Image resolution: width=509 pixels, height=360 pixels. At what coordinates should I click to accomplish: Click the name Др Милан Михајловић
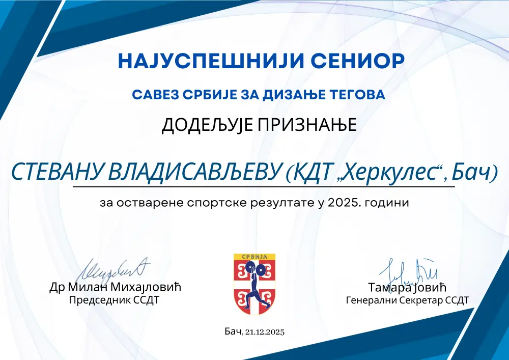115,287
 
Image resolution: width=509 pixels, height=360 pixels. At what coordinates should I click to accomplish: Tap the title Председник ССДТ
114,300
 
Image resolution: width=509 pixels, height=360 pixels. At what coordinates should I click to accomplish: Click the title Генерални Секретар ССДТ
407,300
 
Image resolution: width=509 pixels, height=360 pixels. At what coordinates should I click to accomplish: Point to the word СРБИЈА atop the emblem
254,257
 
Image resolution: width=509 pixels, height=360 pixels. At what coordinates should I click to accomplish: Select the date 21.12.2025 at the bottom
264,332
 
